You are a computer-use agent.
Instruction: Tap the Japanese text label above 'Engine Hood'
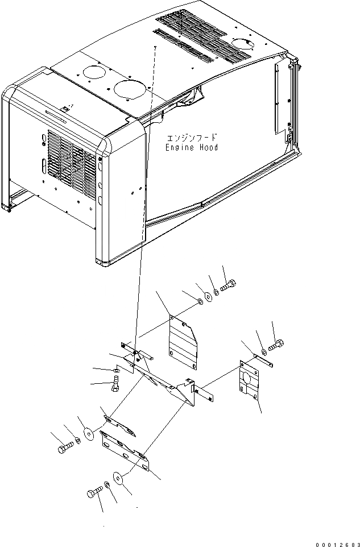(192, 138)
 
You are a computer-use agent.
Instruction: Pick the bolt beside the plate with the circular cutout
(277, 344)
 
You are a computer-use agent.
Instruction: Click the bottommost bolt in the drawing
(94, 493)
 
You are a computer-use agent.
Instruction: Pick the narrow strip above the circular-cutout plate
(263, 359)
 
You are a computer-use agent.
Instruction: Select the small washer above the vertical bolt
(116, 371)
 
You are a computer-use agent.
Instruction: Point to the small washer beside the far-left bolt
(77, 441)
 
